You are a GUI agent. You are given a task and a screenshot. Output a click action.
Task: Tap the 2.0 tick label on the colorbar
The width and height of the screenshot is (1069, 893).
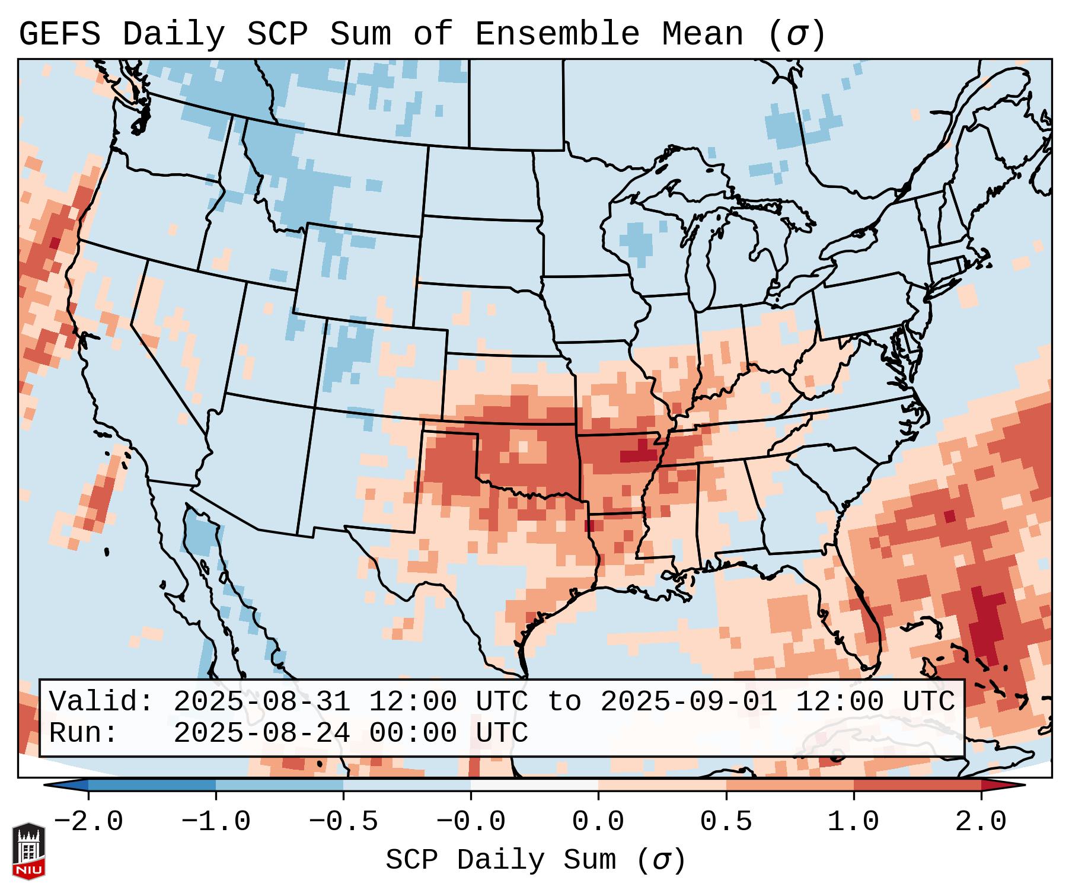click(981, 822)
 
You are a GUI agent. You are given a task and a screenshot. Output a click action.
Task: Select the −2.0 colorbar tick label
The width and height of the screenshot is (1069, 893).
click(88, 822)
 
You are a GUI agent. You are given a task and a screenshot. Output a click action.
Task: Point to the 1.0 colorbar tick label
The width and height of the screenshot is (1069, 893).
click(853, 822)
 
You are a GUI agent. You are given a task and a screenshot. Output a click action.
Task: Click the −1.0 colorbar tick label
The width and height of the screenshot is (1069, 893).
click(216, 822)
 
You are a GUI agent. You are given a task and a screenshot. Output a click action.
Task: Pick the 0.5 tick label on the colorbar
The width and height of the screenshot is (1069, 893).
click(726, 822)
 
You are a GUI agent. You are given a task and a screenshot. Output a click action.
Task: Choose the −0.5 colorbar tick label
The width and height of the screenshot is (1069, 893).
click(343, 822)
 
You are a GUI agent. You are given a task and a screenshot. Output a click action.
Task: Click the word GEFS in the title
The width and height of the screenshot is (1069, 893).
click(59, 34)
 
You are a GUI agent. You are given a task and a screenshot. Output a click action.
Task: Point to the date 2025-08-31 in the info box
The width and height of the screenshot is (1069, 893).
click(261, 701)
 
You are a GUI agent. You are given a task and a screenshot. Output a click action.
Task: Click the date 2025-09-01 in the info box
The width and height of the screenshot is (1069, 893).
click(688, 701)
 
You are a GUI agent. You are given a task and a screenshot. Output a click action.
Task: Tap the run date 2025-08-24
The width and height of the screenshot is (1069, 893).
click(261, 733)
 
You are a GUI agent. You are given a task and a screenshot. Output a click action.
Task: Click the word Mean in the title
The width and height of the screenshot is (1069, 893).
click(702, 34)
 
